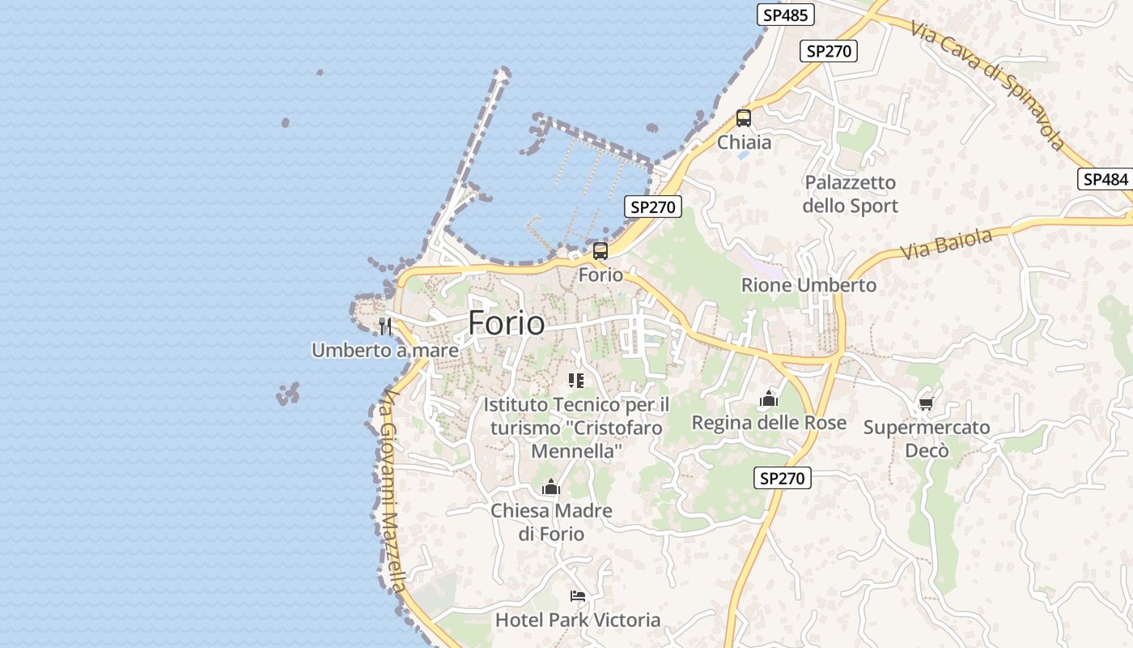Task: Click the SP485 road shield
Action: tap(785, 15)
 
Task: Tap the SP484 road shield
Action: tap(1105, 180)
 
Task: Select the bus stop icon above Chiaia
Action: tap(744, 118)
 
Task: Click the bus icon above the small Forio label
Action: tap(600, 251)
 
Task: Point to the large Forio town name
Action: tap(507, 323)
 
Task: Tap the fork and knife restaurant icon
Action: tap(385, 326)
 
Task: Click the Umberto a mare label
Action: tap(385, 351)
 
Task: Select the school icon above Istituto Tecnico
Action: tap(576, 381)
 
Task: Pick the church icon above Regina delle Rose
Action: tap(769, 399)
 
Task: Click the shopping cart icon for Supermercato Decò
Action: tap(927, 403)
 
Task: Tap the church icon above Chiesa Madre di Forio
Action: tap(551, 487)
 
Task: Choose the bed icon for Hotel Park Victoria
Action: tap(577, 596)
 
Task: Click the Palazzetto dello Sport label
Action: tap(851, 194)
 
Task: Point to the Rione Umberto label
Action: tap(809, 285)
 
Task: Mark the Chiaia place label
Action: tap(745, 143)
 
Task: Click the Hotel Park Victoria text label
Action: tap(578, 620)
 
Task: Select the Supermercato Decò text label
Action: tap(927, 438)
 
